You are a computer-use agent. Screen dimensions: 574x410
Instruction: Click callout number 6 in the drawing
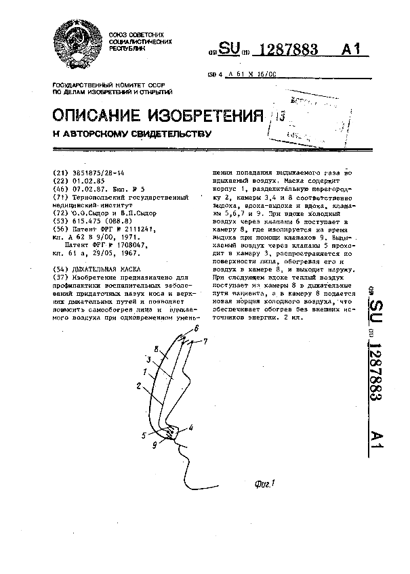[x=197, y=328]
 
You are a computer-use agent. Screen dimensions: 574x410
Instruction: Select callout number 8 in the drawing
[x=157, y=349]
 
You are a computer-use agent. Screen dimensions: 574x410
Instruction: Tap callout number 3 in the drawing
[x=148, y=359]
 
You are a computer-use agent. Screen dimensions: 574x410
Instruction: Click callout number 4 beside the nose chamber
[x=191, y=427]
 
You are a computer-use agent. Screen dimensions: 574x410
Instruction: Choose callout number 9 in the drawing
[x=155, y=445]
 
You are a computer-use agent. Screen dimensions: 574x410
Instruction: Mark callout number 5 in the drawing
[x=144, y=436]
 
